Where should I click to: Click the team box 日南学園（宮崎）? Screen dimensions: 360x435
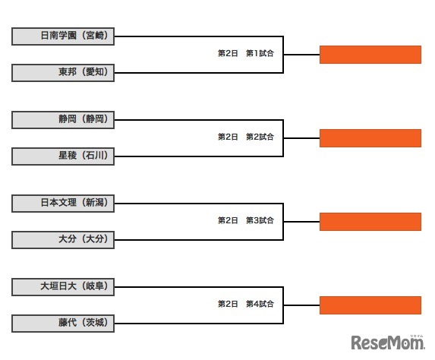coord(63,36)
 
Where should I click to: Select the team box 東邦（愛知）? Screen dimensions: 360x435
coord(63,73)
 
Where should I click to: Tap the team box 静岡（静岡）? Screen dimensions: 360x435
coord(63,119)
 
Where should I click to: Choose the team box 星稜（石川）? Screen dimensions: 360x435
coord(63,156)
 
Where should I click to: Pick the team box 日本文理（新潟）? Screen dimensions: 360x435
coord(63,203)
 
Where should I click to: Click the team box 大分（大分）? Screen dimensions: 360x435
coord(63,240)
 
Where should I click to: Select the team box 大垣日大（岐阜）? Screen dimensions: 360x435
coord(63,286)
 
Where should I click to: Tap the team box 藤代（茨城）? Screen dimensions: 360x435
coord(63,324)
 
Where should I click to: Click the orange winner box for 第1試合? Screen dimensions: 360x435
coord(370,55)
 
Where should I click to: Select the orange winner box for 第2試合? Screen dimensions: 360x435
coord(370,138)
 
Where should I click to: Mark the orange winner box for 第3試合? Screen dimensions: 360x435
coord(370,222)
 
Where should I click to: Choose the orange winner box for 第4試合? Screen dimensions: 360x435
coord(370,305)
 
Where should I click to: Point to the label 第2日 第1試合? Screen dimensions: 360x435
coord(245,54)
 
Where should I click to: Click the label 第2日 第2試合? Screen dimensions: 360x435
coord(245,137)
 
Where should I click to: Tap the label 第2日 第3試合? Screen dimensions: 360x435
coord(245,221)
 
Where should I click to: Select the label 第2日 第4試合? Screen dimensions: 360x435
coord(245,304)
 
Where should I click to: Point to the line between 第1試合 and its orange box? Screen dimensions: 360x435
coord(301,55)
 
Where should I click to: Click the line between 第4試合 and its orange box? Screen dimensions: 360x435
coord(301,305)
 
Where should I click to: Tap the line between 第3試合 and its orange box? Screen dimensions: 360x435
coord(301,222)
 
